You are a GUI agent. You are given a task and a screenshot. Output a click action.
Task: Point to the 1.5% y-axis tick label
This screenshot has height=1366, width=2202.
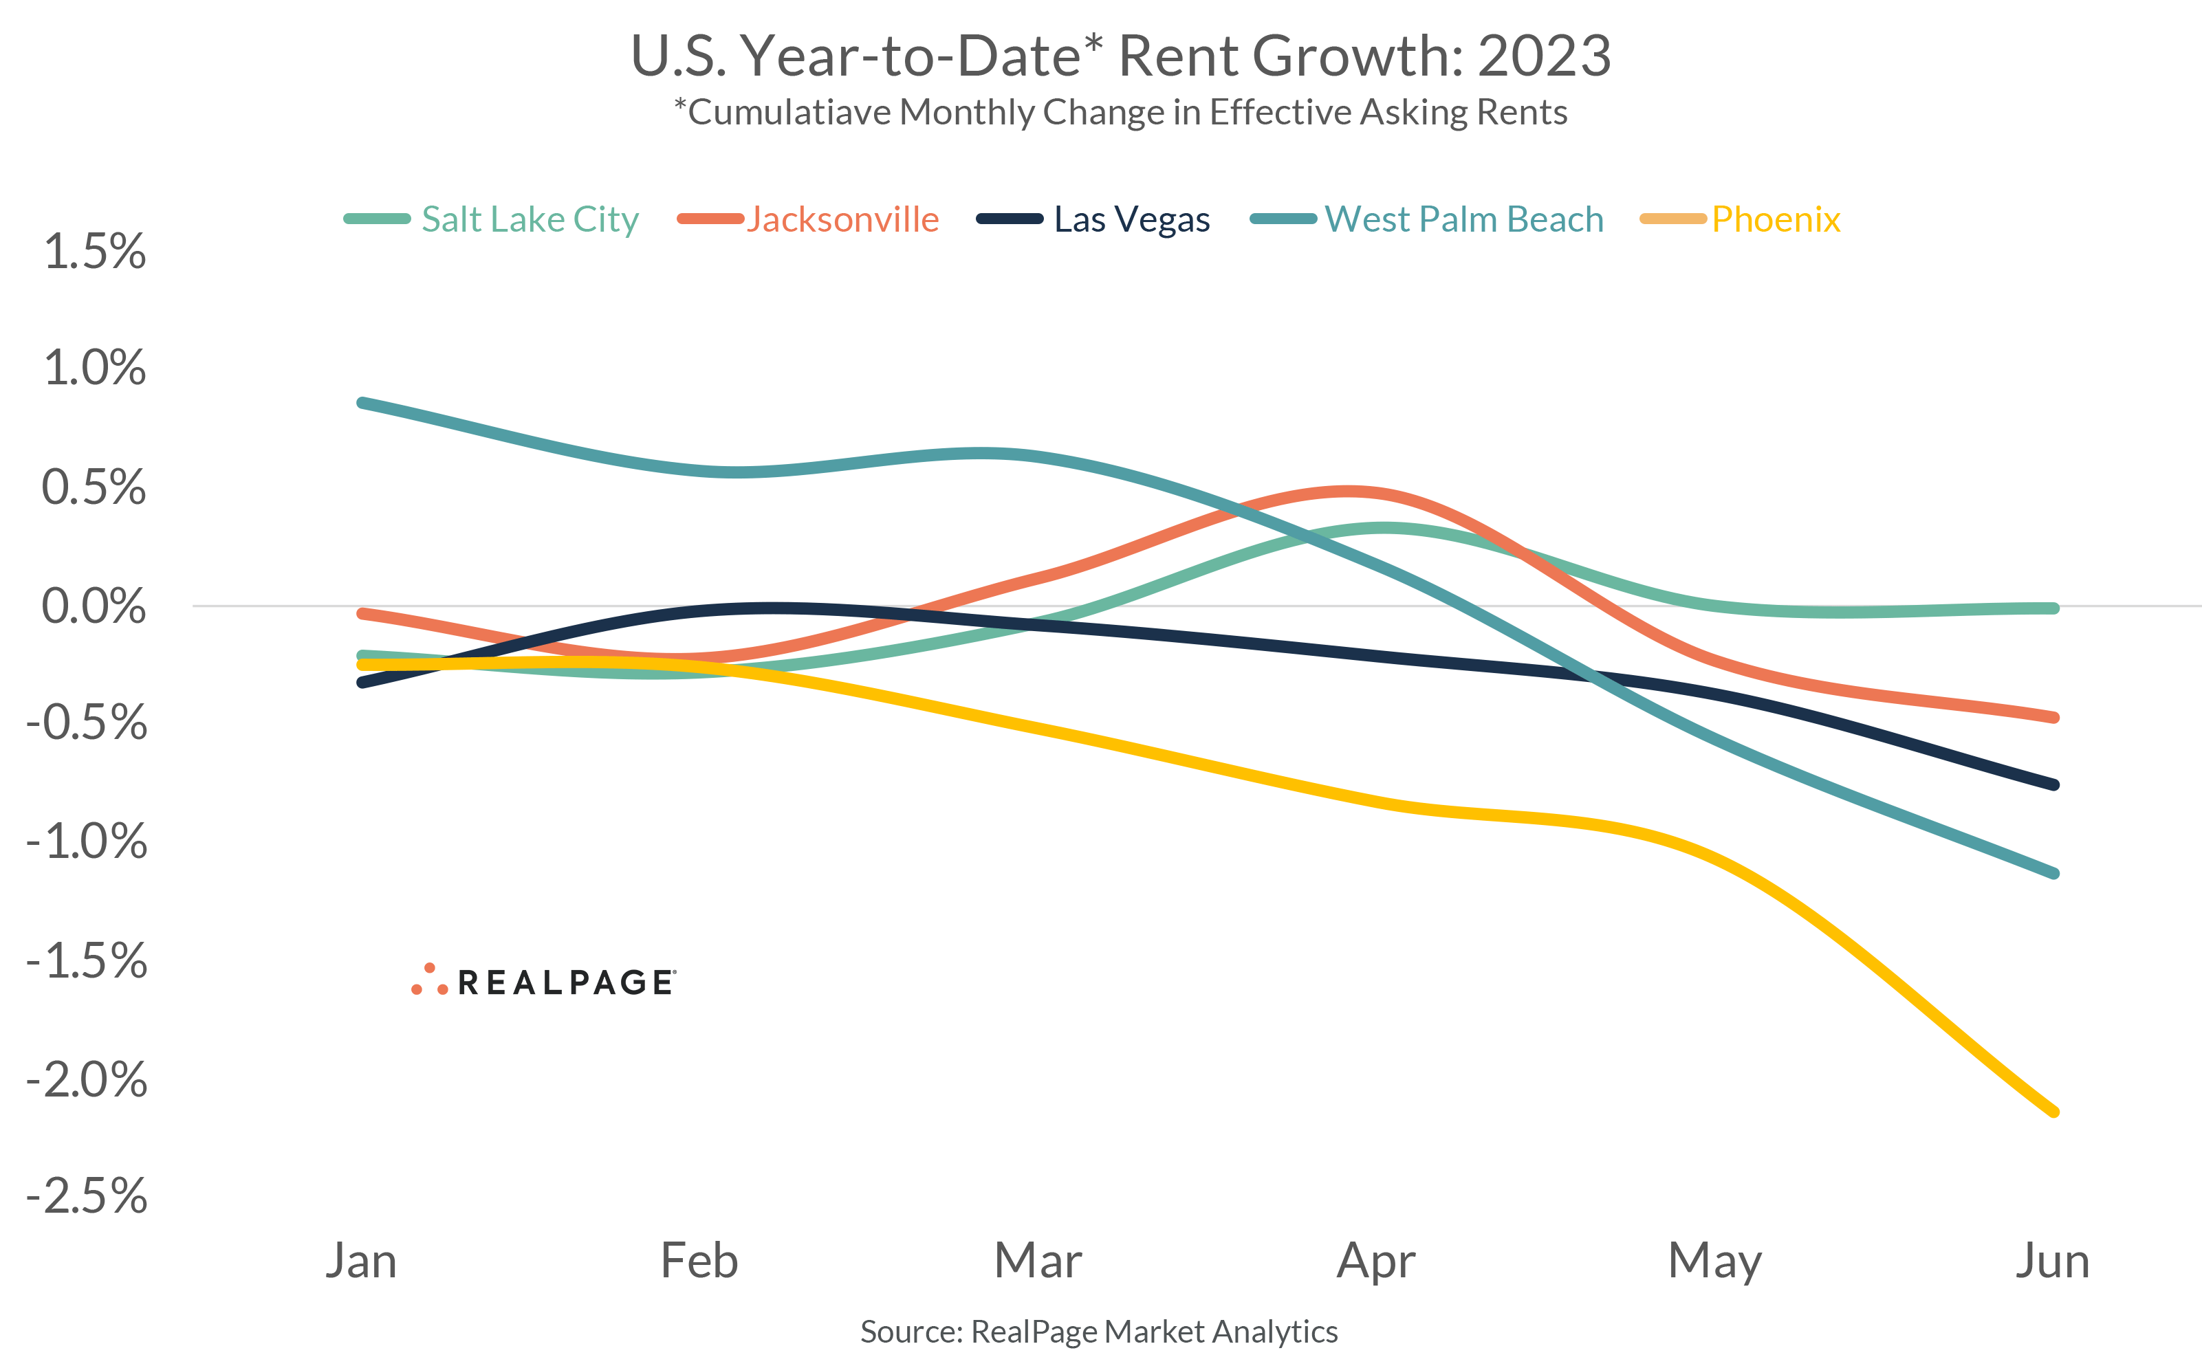point(94,251)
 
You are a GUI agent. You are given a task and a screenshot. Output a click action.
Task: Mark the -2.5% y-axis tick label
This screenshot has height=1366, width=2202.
point(87,1196)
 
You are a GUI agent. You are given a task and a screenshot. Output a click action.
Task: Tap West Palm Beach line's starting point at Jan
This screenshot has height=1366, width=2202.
point(362,402)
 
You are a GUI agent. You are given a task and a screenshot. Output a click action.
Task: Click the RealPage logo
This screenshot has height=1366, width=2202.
point(543,981)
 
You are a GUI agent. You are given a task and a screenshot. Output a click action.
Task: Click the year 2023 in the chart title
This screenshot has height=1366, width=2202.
point(1543,56)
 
